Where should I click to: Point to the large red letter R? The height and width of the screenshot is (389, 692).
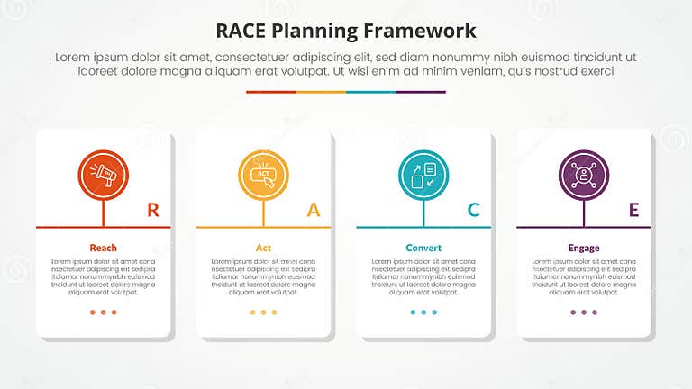153,211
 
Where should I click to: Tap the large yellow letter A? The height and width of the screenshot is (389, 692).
314,211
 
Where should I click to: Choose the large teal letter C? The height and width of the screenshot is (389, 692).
473,211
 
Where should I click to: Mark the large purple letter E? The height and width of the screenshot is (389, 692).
633,211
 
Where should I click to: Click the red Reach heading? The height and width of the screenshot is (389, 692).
104,248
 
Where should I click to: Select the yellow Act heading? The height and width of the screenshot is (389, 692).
263,248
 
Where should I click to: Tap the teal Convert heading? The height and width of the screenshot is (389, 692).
423,248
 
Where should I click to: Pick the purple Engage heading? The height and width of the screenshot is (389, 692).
584,248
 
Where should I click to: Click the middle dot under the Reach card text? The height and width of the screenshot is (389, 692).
104,312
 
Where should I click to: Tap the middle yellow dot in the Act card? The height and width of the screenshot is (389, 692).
263,312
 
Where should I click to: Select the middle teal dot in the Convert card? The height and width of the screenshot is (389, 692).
423,312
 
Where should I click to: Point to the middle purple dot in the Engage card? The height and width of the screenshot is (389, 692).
584,312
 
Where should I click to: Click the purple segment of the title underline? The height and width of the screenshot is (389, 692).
421,92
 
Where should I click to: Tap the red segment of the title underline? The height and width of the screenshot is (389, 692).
270,92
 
